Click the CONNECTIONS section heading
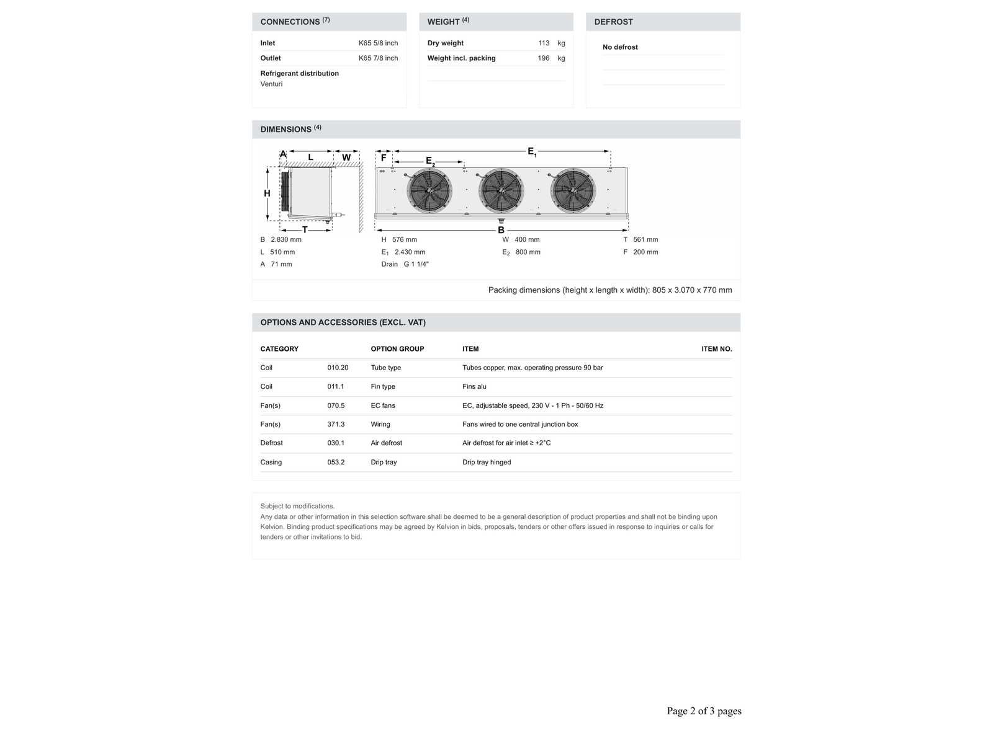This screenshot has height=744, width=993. (x=290, y=22)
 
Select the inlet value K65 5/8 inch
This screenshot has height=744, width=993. (x=378, y=43)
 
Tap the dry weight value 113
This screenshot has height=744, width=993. (x=544, y=43)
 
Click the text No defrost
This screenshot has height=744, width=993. (x=620, y=47)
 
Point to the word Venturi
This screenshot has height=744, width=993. (x=271, y=84)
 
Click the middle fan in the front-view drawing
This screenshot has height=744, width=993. (x=501, y=191)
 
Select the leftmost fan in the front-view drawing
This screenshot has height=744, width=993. (x=429, y=191)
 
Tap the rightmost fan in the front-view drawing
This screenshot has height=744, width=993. (x=573, y=191)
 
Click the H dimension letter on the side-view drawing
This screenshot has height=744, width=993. (x=267, y=193)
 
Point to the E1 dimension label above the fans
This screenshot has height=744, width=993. (x=532, y=151)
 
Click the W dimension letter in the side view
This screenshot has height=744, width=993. (x=346, y=157)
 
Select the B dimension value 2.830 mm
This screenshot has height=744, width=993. (x=286, y=240)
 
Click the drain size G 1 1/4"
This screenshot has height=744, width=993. (x=416, y=265)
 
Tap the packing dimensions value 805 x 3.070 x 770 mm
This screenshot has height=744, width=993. (x=692, y=290)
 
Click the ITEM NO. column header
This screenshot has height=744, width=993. (x=716, y=349)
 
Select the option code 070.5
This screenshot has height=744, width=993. (x=336, y=406)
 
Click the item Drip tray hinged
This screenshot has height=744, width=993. (x=487, y=463)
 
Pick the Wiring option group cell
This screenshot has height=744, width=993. (x=380, y=425)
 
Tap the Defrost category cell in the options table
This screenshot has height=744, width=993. (x=271, y=443)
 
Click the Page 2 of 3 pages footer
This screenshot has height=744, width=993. (x=704, y=711)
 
